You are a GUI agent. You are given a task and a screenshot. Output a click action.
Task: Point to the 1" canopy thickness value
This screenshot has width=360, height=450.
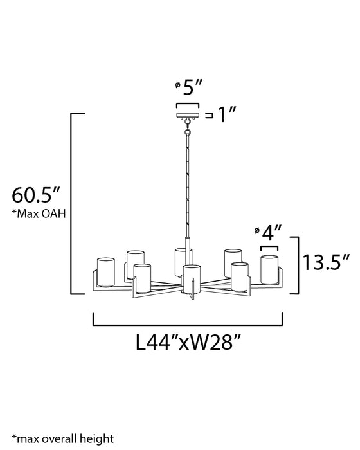[x=227, y=116]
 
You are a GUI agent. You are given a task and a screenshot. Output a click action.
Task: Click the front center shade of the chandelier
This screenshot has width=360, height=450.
[x=189, y=277]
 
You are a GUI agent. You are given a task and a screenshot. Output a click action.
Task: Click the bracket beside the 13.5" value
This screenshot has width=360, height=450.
[x=294, y=264]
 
